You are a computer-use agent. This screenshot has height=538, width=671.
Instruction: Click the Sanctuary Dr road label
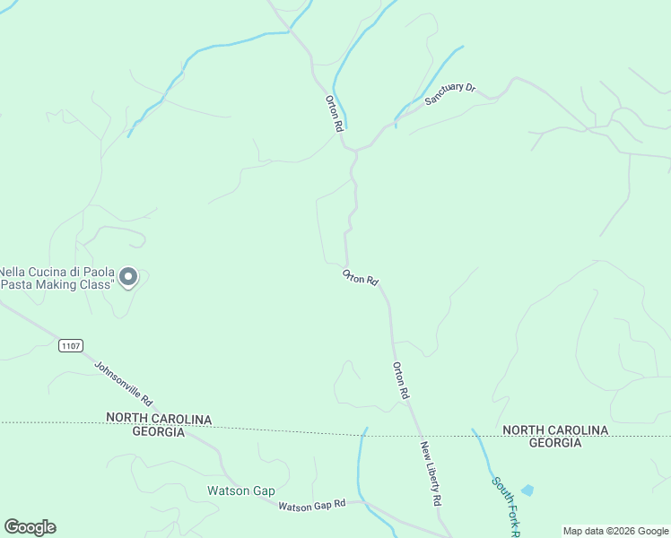pyautogui.click(x=449, y=93)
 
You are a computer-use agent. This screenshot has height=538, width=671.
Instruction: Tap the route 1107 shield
pyautogui.click(x=71, y=345)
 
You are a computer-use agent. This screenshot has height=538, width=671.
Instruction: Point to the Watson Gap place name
pyautogui.click(x=240, y=490)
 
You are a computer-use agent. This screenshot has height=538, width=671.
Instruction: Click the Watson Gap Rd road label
pyautogui.click(x=311, y=506)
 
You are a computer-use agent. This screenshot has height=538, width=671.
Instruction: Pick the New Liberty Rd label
pyautogui.click(x=431, y=473)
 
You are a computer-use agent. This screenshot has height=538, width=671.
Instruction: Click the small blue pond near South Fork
pyautogui.click(x=527, y=490)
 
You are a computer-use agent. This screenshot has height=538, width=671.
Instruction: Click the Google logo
pyautogui.click(x=30, y=527)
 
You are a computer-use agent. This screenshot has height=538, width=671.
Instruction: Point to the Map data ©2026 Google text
pyautogui.click(x=614, y=531)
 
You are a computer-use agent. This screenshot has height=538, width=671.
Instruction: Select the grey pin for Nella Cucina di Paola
pyautogui.click(x=128, y=277)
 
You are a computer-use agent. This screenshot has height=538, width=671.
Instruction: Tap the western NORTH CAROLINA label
pyautogui.click(x=159, y=419)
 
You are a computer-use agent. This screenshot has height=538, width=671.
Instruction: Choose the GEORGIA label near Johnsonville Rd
pyautogui.click(x=158, y=431)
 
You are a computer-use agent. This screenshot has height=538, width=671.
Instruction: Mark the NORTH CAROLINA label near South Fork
pyautogui.click(x=555, y=430)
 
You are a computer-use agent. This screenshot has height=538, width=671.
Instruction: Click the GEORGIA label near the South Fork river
pyautogui.click(x=554, y=443)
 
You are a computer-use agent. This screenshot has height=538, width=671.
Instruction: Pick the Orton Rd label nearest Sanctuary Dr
pyautogui.click(x=335, y=114)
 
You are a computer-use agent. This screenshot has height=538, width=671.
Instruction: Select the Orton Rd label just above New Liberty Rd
pyautogui.click(x=401, y=380)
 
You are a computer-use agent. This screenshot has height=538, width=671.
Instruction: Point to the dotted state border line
pyautogui.click(x=296, y=429)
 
